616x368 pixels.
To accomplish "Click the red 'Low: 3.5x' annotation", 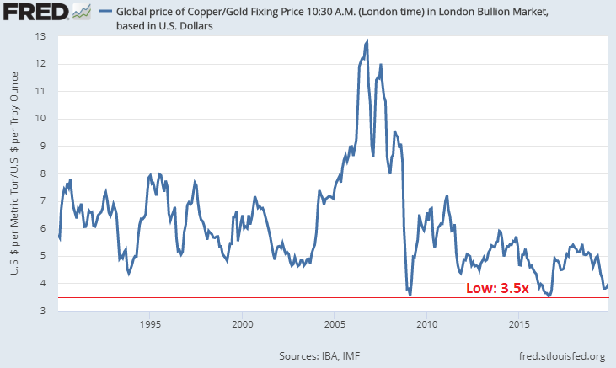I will point(497,288).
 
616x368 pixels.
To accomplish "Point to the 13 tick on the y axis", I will point(40,37).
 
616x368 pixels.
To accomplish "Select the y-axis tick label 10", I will point(40,119).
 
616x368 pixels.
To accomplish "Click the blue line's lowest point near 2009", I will point(410,294).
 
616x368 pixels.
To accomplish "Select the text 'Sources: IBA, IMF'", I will point(324,355).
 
